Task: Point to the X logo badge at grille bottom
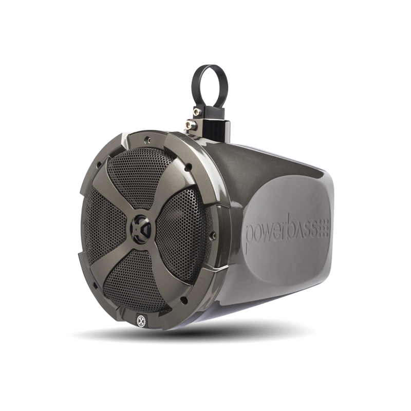coord(140,323)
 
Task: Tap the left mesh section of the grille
coord(100,226)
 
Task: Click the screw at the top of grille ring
coord(147,138)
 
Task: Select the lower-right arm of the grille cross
coord(170,267)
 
